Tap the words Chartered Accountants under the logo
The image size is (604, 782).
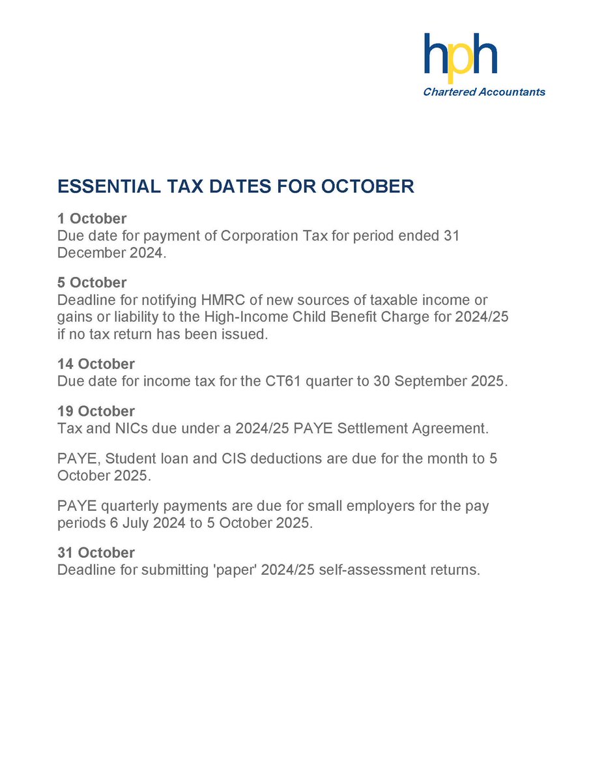[x=484, y=92]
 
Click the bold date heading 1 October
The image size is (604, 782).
[x=92, y=218]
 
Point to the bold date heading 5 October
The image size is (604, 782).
[x=92, y=283]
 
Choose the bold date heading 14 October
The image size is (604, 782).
[x=96, y=364]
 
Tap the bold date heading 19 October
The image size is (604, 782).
[x=96, y=411]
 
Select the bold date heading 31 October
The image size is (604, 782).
[x=96, y=553]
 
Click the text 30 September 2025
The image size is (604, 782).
[x=439, y=381]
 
